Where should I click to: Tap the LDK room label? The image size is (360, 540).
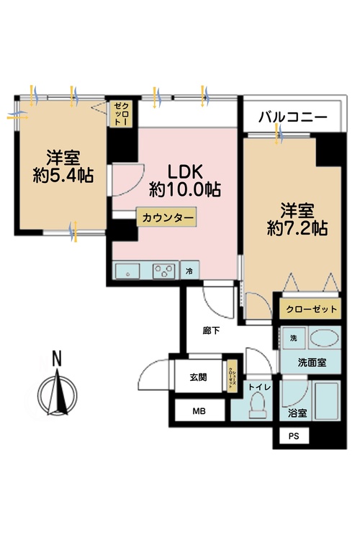click(186, 173)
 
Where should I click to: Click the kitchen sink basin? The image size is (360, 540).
click(130, 272)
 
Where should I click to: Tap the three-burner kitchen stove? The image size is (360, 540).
click(163, 271)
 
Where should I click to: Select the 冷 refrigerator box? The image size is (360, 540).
click(189, 272)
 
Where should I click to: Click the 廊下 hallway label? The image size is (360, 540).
click(210, 330)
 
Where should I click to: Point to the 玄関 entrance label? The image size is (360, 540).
click(199, 377)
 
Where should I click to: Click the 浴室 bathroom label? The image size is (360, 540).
click(297, 413)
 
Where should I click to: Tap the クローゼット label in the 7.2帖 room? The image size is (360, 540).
click(310, 310)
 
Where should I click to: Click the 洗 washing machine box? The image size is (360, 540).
click(293, 338)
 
